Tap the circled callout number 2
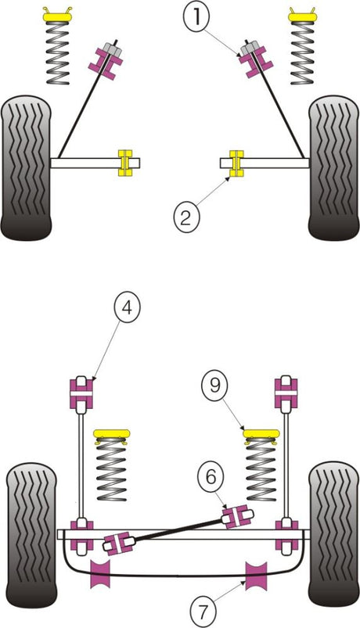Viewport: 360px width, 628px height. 185,217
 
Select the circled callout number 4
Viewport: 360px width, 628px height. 127,309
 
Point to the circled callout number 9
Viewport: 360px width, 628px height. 214,386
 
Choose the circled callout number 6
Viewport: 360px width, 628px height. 211,476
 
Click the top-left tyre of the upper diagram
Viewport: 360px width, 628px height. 27,168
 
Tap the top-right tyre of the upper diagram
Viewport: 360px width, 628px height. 333,168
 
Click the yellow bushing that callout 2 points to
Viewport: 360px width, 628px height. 236,163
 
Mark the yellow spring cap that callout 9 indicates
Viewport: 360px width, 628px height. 261,434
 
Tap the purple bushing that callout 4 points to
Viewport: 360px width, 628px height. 81,393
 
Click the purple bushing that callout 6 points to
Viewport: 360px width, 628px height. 237,517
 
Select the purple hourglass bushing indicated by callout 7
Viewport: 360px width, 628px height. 257,575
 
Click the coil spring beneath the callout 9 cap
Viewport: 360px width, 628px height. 261,469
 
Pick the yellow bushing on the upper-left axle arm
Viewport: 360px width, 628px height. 124,163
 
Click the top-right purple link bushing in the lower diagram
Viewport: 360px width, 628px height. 286,393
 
